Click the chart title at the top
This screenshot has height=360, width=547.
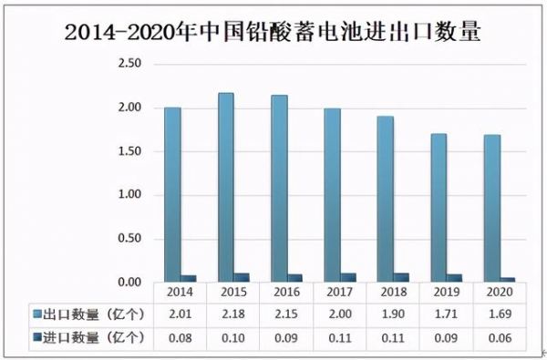[x=273, y=34]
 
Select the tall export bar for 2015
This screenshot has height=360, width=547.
[x=225, y=188]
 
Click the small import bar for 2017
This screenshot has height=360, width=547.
[x=349, y=278]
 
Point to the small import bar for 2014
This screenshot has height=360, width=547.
[x=189, y=279]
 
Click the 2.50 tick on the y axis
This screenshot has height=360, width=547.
[x=131, y=64]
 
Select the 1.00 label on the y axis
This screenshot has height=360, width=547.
[x=131, y=195]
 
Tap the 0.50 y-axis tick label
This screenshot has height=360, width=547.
[x=131, y=239]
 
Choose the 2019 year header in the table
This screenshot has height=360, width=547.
[x=447, y=293]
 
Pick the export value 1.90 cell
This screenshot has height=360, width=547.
[x=392, y=314]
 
